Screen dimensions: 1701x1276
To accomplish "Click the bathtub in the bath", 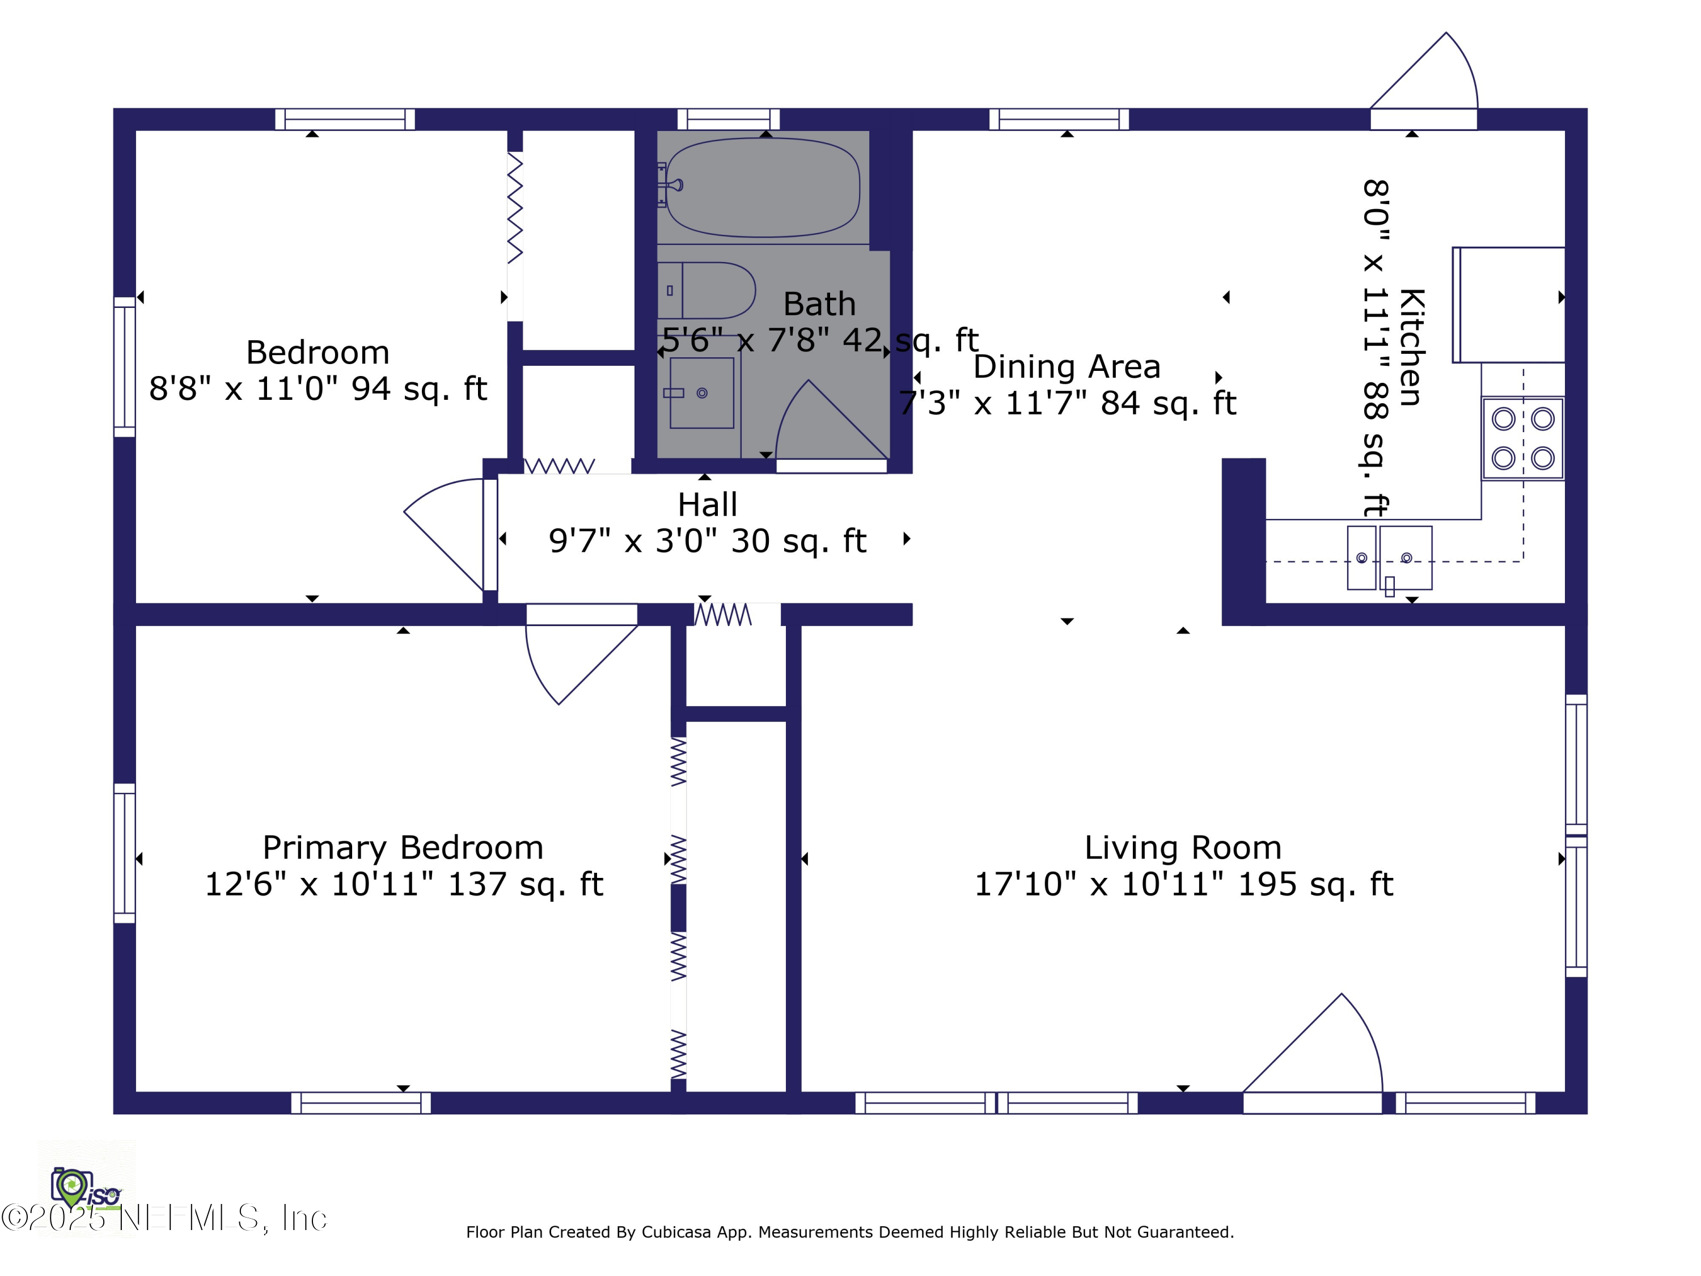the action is coord(761,187).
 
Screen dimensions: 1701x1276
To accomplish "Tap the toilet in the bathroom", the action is coord(706,291).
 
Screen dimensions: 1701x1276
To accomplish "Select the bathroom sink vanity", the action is coord(701,392).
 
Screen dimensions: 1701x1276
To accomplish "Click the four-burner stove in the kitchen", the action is coord(1522,438).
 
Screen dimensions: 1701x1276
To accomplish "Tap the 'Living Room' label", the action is coord(1183,848).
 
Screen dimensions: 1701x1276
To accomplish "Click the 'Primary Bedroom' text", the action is coord(403,848).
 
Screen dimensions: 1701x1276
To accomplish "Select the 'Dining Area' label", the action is coord(1067,367).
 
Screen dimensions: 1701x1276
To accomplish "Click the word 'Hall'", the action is coord(708,505).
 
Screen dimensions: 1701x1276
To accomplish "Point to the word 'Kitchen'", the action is coord(1412,347).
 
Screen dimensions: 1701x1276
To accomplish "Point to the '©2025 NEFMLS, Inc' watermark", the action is coord(164,1218).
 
